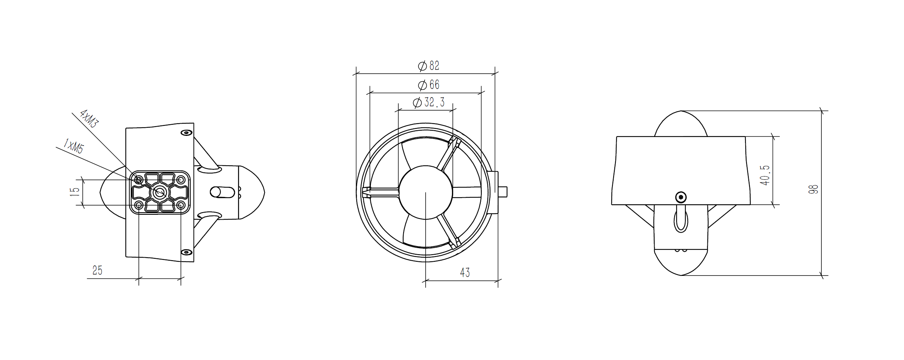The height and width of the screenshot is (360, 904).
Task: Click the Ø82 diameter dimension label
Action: [429, 66]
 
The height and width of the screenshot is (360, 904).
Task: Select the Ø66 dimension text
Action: [429, 85]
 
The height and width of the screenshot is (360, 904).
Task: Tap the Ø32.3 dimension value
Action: [429, 102]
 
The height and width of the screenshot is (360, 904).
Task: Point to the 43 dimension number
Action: [465, 273]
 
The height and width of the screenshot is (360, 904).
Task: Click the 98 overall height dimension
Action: [813, 189]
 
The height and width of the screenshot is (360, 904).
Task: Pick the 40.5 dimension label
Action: [765, 175]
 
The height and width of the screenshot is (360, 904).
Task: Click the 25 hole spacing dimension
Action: [97, 270]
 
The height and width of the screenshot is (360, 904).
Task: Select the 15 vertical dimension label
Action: [75, 192]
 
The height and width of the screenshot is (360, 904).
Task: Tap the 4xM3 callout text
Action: [89, 119]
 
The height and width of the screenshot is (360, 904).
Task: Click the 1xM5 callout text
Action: [74, 146]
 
